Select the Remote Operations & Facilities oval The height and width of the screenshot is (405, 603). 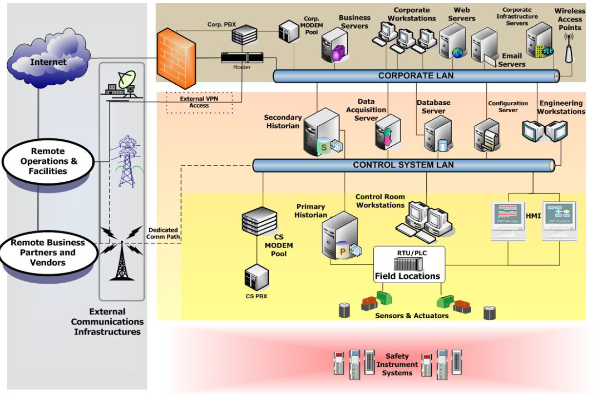48,161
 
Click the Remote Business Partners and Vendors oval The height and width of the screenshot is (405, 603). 48,252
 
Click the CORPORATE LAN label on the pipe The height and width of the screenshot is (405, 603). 416,76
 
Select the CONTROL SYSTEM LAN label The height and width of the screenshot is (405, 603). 403,165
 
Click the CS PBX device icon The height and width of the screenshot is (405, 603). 257,278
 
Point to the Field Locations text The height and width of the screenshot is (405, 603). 407,276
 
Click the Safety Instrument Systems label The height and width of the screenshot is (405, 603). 397,365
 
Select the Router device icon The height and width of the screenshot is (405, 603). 242,58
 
